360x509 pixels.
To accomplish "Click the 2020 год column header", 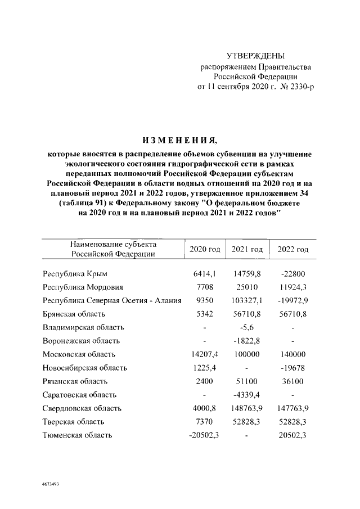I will click(205, 249).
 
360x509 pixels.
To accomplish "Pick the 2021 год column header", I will click(247, 249).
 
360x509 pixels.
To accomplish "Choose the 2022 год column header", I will click(292, 249).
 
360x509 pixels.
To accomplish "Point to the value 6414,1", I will click(205, 274).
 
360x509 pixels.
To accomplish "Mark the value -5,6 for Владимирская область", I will click(247, 327).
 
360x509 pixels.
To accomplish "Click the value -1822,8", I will click(247, 341).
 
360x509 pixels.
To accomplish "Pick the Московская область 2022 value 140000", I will click(292, 354).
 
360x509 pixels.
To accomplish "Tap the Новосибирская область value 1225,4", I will click(205, 368).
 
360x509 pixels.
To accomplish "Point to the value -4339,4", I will click(247, 395).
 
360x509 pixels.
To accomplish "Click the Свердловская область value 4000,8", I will click(205, 408).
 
